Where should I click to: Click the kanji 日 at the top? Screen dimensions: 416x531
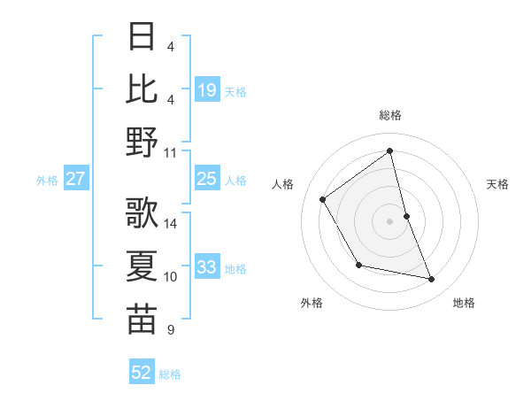[142, 37]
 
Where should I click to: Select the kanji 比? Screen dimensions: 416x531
[142, 89]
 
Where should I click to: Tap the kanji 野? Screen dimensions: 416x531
[142, 142]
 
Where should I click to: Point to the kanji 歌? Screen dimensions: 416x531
[142, 213]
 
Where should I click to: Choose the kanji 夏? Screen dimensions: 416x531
[142, 266]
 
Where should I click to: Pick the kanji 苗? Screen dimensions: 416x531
[142, 319]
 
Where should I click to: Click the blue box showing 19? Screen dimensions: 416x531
[206, 90]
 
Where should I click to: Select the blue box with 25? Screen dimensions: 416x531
[206, 179]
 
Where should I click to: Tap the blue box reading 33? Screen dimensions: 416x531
[206, 267]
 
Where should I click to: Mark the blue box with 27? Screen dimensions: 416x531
[76, 179]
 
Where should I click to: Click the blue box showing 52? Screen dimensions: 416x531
[142, 373]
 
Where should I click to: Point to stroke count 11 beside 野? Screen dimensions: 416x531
[171, 152]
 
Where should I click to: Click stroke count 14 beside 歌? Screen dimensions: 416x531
[171, 224]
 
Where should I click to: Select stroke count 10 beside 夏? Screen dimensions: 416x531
[171, 277]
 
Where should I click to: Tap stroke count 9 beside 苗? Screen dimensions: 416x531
[170, 330]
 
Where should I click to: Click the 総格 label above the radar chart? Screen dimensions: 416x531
[390, 115]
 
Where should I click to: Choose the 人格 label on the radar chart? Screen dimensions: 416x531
[284, 184]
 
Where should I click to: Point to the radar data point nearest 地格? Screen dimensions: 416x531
[432, 280]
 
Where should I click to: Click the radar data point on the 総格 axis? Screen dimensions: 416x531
[390, 151]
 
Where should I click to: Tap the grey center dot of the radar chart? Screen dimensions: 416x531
[390, 220]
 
